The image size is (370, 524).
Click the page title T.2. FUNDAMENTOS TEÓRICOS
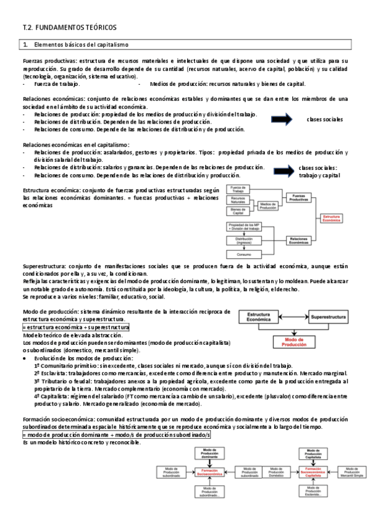[x=69, y=28]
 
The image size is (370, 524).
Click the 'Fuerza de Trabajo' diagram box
[x=238, y=189]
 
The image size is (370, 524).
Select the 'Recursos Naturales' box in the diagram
[x=238, y=200]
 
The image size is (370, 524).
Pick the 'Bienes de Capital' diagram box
[x=238, y=211]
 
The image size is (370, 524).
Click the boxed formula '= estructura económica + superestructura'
[x=76, y=326]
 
